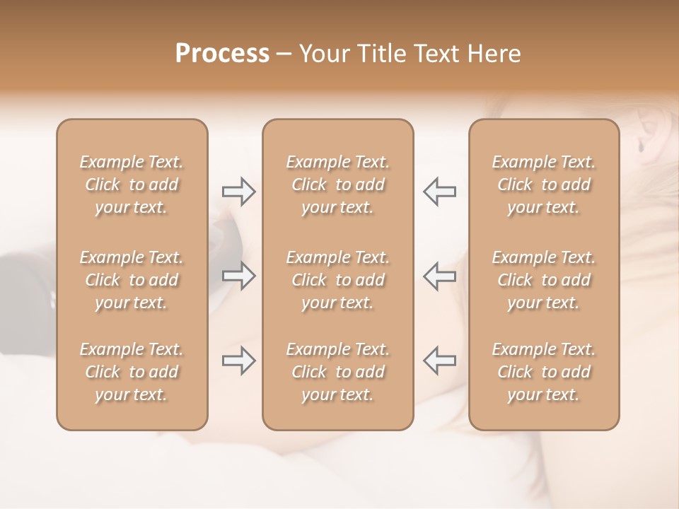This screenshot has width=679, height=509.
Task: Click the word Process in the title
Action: click(222, 54)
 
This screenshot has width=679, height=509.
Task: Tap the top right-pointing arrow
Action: click(239, 192)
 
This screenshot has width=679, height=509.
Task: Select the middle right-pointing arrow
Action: click(239, 276)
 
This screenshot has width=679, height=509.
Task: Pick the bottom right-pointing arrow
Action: click(239, 361)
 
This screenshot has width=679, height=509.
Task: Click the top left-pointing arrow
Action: click(439, 192)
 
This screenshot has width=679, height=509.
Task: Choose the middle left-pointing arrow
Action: click(439, 276)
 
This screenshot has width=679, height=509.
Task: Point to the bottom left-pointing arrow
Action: click(439, 361)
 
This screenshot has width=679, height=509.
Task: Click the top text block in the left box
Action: click(132, 185)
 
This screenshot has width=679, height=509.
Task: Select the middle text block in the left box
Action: click(132, 280)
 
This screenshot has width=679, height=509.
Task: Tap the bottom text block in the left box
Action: click(132, 372)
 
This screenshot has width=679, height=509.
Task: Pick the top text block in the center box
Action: click(338, 185)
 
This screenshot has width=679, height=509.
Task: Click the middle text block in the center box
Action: click(338, 280)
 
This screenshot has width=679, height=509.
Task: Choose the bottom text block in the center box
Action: click(338, 372)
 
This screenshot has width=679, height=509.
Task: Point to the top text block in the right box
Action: click(544, 185)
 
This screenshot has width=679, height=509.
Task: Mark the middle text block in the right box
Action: click(544, 280)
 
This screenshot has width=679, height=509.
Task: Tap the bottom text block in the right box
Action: click(544, 372)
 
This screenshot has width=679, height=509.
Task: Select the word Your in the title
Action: click(323, 54)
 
